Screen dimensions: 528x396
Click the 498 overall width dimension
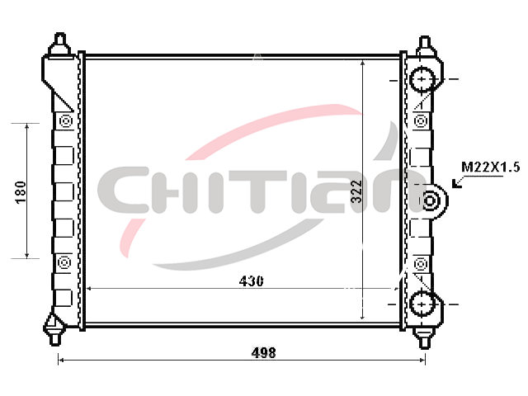tap(264, 353)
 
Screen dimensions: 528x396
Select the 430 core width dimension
tap(251, 281)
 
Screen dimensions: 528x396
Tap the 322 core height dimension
tap(356, 191)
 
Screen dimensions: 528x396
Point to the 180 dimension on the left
tap(21, 192)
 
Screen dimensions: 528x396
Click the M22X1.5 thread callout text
tap(491, 167)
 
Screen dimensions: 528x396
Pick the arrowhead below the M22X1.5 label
tap(456, 184)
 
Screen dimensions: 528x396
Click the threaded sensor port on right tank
tap(430, 200)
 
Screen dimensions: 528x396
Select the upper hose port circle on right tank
tap(422, 79)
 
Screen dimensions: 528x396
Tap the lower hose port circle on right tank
tap(422, 304)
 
